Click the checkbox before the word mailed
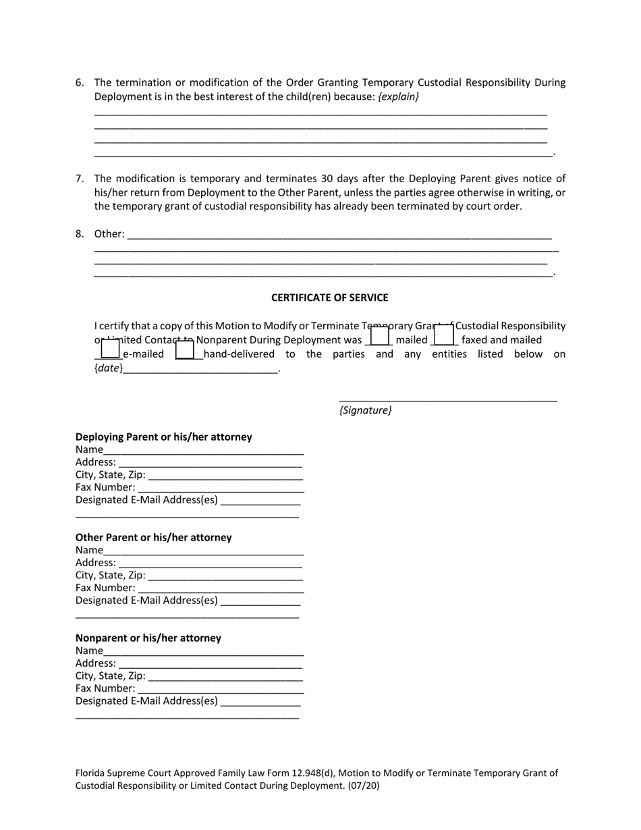[380, 335]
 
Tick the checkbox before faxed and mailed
[443, 335]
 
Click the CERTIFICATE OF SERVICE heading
[329, 298]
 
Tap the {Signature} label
[365, 410]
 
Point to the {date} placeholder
[108, 368]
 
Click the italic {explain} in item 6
[398, 97]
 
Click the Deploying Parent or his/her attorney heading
[163, 437]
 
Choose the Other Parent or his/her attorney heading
[153, 538]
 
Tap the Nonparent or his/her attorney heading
[148, 638]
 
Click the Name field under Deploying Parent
[203, 451]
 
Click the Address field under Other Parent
[210, 563]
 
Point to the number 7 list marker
[80, 179]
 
